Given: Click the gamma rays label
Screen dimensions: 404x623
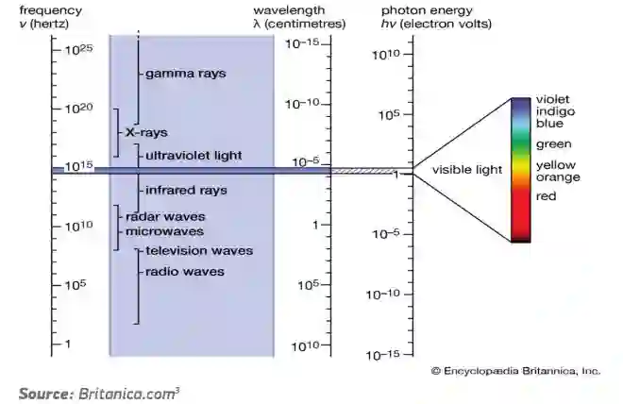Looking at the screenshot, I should pos(185,73).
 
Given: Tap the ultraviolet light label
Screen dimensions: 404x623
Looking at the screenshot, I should pos(194,154).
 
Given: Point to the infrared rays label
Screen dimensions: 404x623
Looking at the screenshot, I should pos(186,190).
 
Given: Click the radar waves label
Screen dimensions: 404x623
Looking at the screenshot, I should pos(165,216).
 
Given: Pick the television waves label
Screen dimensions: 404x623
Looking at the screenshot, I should pos(199,251).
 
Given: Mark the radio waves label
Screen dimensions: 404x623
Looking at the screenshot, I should pos(184,271).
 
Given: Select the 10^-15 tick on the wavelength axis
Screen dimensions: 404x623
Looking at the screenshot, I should pos(309,43).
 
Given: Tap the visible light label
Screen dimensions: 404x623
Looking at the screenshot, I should pos(467,170).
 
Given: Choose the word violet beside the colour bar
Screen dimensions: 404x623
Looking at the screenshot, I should pos(552,99).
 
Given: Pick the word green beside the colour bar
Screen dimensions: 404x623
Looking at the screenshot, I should pos(552,144).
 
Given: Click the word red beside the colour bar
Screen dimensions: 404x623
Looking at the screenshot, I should pos(546,196).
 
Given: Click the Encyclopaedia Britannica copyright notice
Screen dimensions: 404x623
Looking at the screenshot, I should pos(515,371).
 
